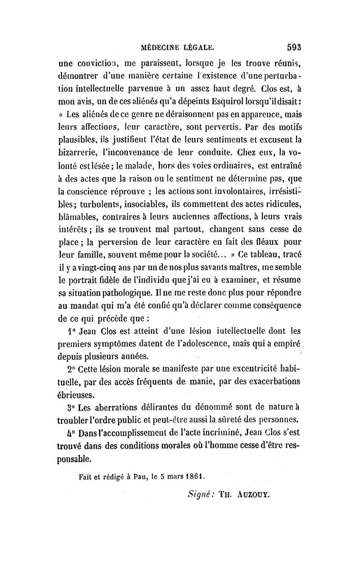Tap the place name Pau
(133, 476)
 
